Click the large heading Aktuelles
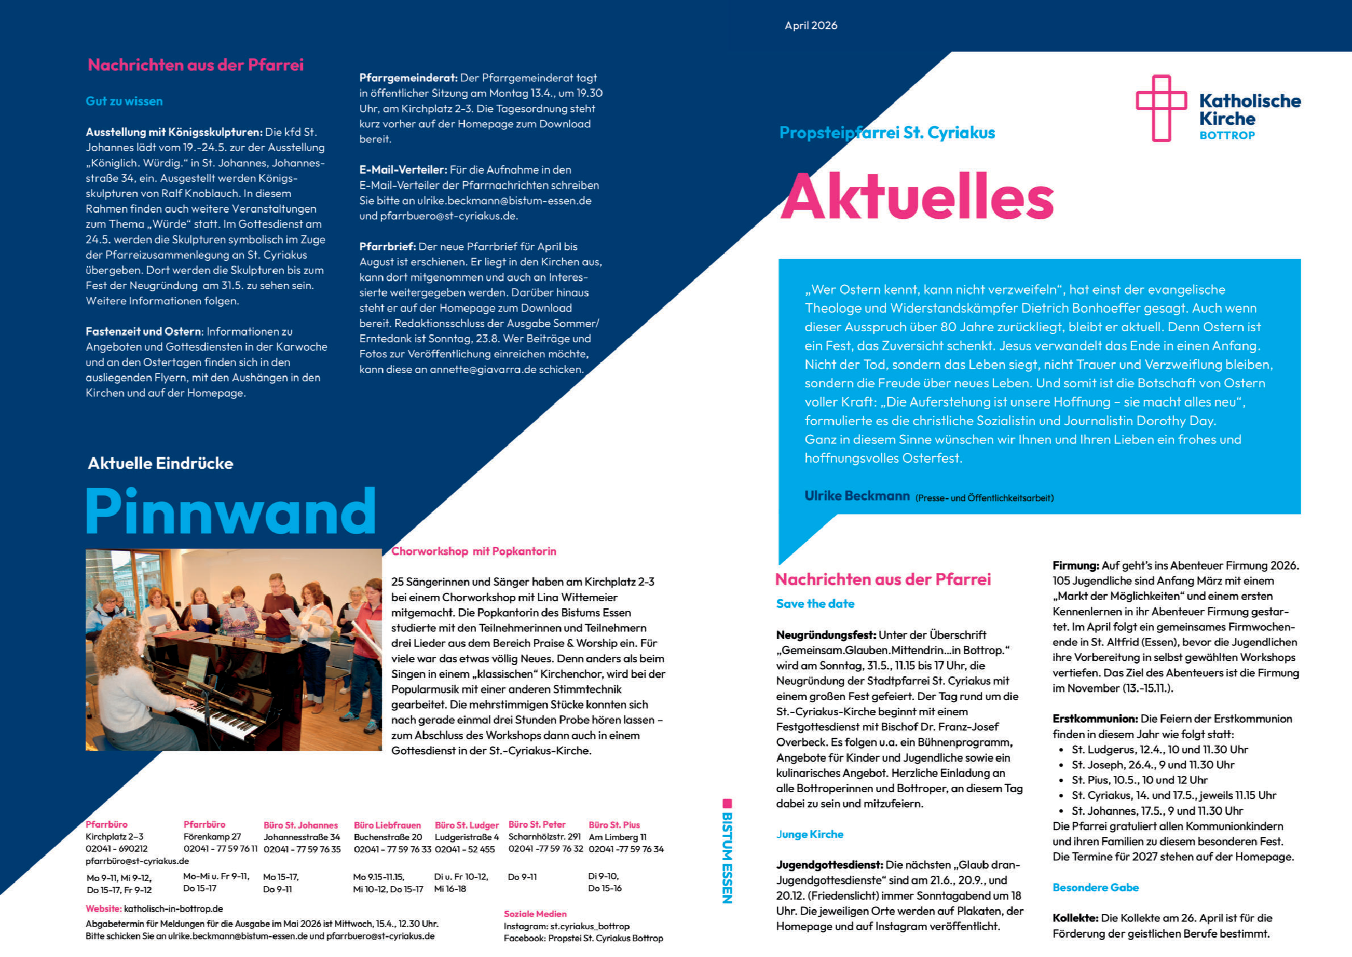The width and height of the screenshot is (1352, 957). click(917, 196)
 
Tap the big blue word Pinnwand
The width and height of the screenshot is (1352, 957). click(231, 511)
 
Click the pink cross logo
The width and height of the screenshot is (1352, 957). click(1161, 108)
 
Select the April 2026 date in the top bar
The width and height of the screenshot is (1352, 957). click(810, 25)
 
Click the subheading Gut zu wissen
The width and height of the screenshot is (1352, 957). click(124, 101)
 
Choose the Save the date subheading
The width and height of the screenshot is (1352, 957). click(815, 603)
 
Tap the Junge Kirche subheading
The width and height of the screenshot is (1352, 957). click(809, 834)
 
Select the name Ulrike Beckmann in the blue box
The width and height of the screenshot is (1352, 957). click(857, 496)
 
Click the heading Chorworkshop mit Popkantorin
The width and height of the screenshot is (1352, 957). click(473, 552)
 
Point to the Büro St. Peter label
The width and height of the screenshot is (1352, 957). click(537, 824)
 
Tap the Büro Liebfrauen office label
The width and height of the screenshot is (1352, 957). click(387, 825)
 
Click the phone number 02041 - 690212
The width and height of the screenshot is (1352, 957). click(117, 848)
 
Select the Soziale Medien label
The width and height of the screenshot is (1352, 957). click(535, 913)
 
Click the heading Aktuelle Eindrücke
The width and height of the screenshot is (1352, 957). click(160, 463)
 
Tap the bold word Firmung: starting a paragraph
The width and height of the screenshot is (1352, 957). click(1075, 566)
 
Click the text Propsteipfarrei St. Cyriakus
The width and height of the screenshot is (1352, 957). click(887, 133)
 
